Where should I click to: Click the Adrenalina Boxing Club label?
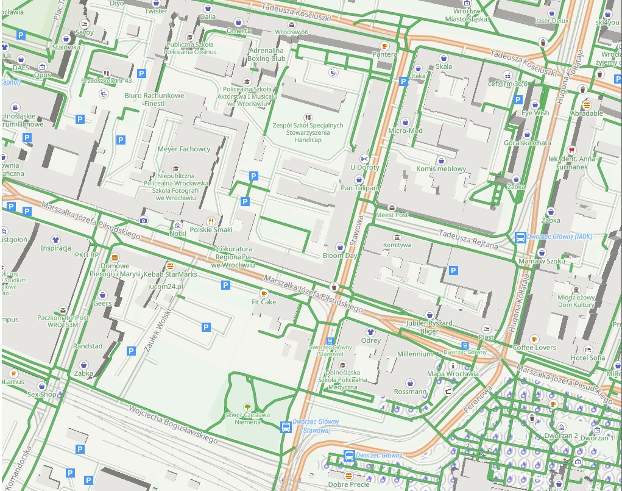pos(266,54)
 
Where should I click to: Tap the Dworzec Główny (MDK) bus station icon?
pos(520,237)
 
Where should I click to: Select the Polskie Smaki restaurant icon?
pos(211,221)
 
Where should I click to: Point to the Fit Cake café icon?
pos(264,293)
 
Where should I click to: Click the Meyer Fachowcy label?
pos(183,149)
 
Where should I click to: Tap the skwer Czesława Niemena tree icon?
pos(247,406)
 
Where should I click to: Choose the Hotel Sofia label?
pos(588,358)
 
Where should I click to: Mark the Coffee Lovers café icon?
pos(534,339)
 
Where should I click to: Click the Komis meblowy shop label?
pos(441,169)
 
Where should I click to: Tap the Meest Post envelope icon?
pos(392,207)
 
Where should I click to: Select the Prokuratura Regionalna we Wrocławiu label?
pos(233,257)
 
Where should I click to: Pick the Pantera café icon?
pos(384,46)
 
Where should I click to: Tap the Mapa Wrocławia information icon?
pos(453,365)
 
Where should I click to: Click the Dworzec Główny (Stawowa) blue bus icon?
pos(285,427)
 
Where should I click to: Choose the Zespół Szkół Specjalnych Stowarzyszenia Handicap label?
pos(308,132)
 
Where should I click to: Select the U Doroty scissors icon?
pos(364,159)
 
